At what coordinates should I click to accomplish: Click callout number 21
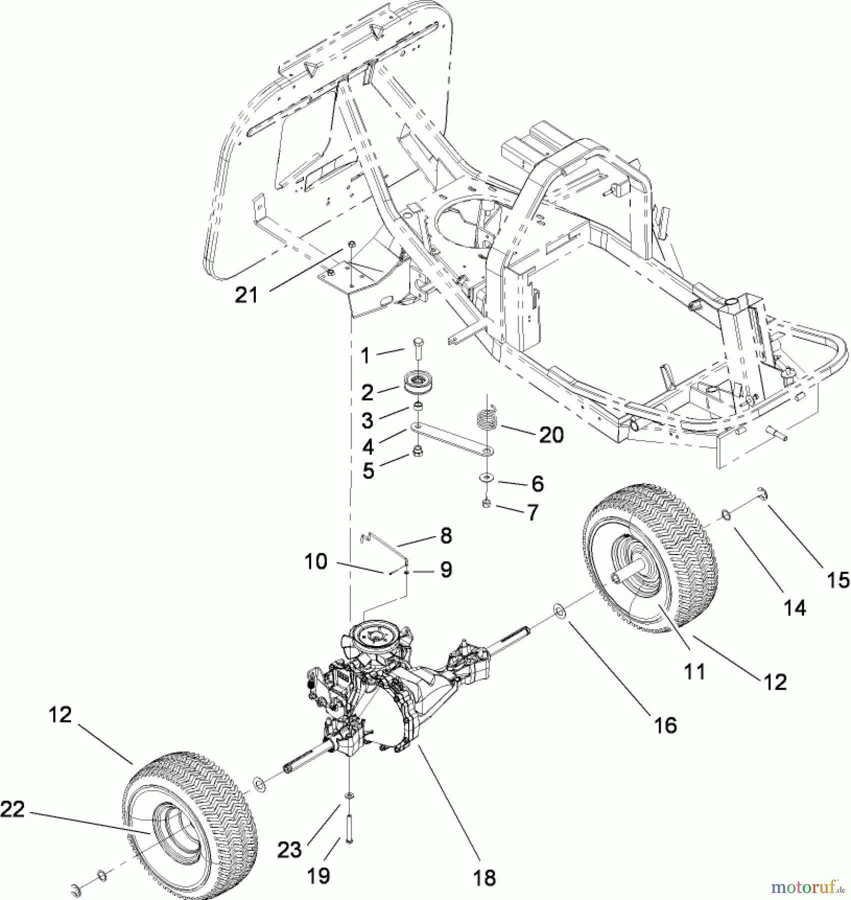pyautogui.click(x=246, y=295)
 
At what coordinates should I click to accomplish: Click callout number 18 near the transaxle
pyautogui.click(x=484, y=877)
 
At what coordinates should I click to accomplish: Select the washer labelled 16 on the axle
pyautogui.click(x=558, y=611)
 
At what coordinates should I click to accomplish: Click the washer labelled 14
pyautogui.click(x=725, y=514)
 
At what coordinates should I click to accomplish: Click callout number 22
pyautogui.click(x=12, y=809)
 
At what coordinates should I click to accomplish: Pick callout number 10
pyautogui.click(x=315, y=561)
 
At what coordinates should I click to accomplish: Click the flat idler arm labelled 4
pyautogui.click(x=450, y=438)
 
